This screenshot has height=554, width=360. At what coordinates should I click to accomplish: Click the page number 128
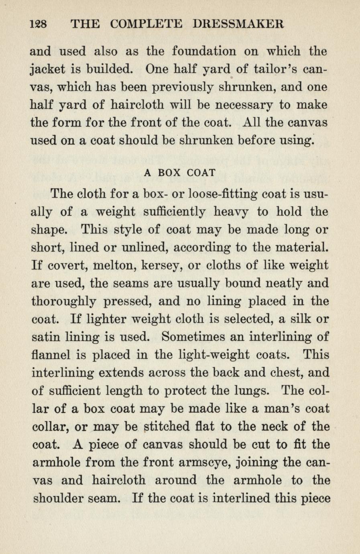pyautogui.click(x=39, y=24)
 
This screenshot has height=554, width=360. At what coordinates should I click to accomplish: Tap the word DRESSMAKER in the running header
pyautogui.click(x=238, y=24)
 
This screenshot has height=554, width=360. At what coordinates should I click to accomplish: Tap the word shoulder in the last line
pyautogui.click(x=60, y=498)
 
